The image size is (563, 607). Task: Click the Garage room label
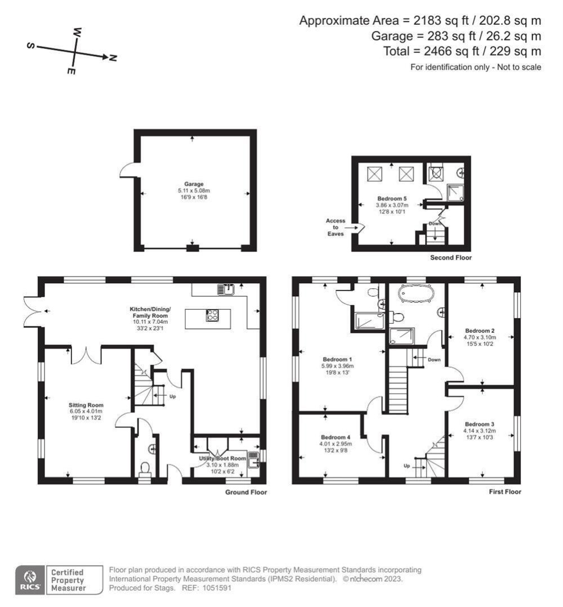coord(194,184)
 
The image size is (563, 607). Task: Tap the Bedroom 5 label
coord(392,199)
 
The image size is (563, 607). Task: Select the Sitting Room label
coord(86,405)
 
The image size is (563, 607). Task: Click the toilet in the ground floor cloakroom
coord(145,469)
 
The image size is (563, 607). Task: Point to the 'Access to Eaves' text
coord(336,227)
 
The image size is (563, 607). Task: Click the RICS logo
coord(29,579)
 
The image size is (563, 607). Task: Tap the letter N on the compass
coord(113,58)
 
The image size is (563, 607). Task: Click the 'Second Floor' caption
coord(450,258)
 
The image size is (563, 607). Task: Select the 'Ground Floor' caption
coord(245,492)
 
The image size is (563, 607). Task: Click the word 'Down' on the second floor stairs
coord(435,224)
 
